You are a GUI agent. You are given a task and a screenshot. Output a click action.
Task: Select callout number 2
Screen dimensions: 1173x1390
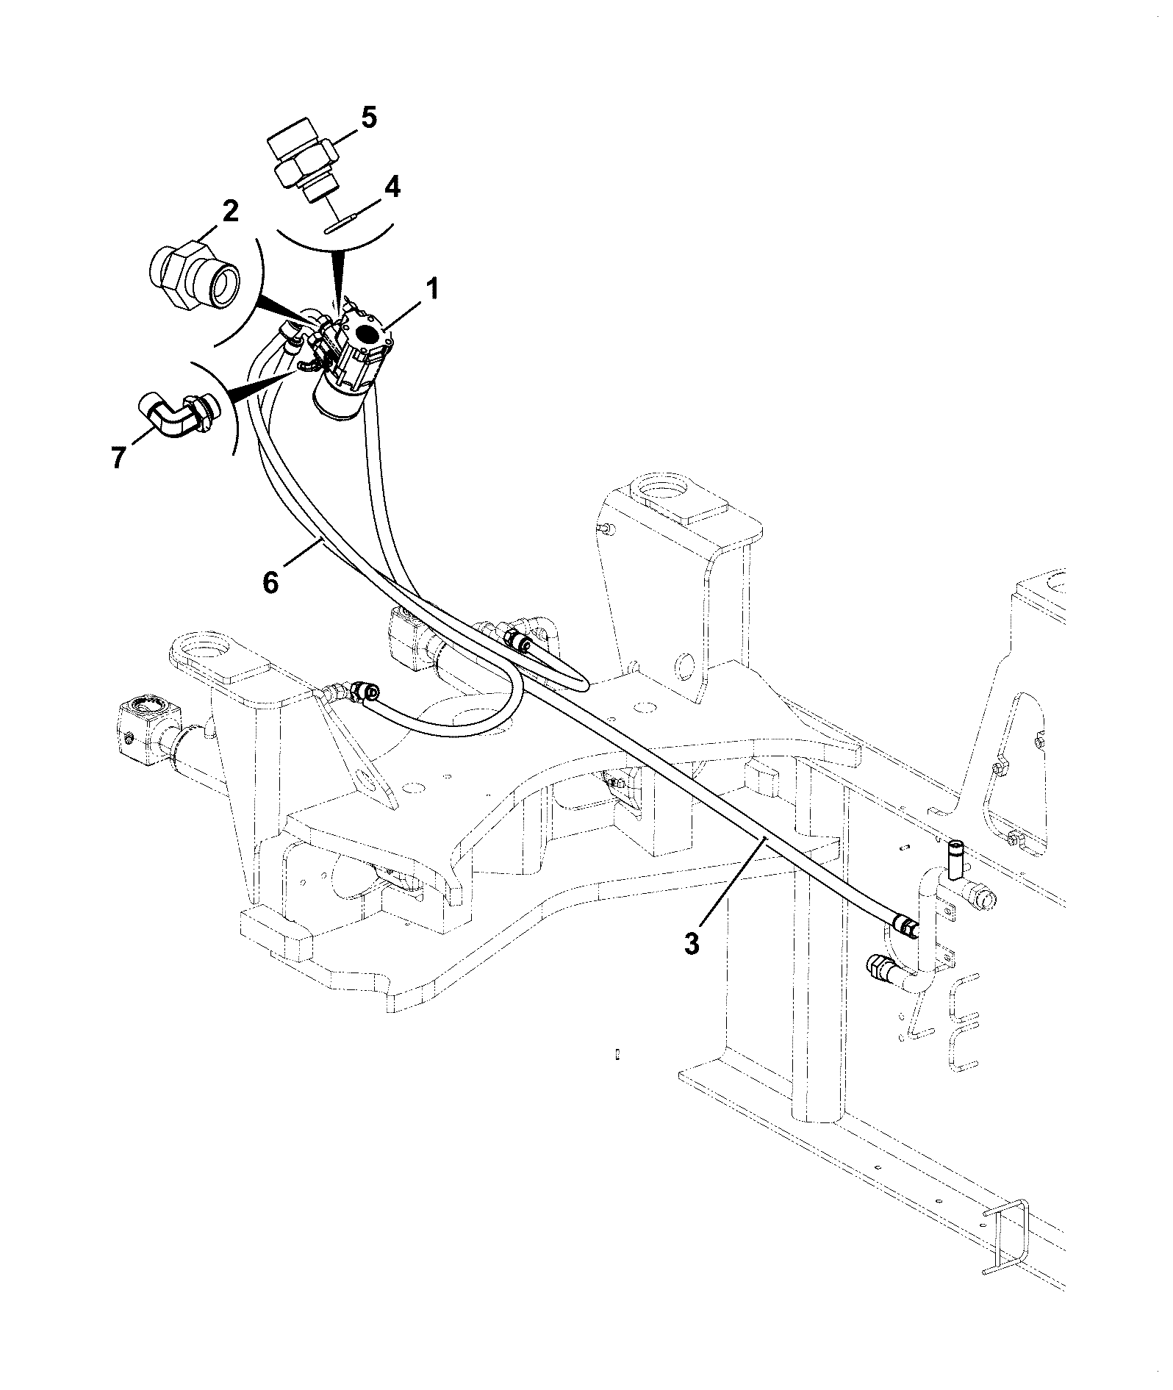(x=230, y=212)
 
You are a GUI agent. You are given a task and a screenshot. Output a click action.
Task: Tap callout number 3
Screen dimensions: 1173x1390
(x=692, y=943)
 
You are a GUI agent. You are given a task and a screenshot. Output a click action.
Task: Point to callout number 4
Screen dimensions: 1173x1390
(x=392, y=187)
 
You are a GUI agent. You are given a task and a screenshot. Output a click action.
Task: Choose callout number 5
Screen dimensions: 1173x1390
(x=368, y=118)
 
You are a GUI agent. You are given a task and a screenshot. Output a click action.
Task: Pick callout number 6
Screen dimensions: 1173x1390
(x=271, y=583)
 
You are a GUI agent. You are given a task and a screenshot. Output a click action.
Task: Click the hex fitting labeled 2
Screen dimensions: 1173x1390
(x=194, y=275)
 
